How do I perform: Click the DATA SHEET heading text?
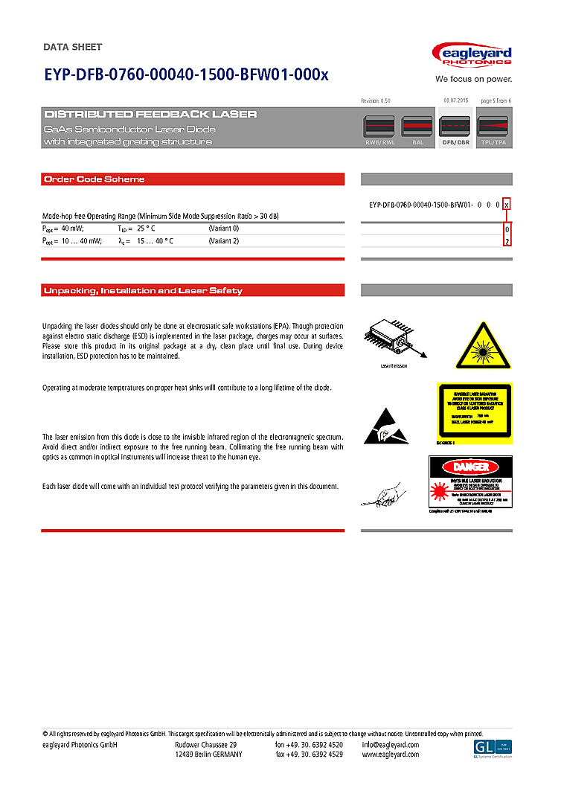point(72,47)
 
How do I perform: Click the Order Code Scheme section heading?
point(94,179)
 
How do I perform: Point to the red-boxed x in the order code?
point(507,204)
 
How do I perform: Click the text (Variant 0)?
point(223,228)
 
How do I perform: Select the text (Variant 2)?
point(223,241)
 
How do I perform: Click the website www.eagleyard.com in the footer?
point(390,755)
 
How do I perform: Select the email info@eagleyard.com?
point(390,745)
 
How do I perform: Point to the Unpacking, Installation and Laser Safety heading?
point(143,290)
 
